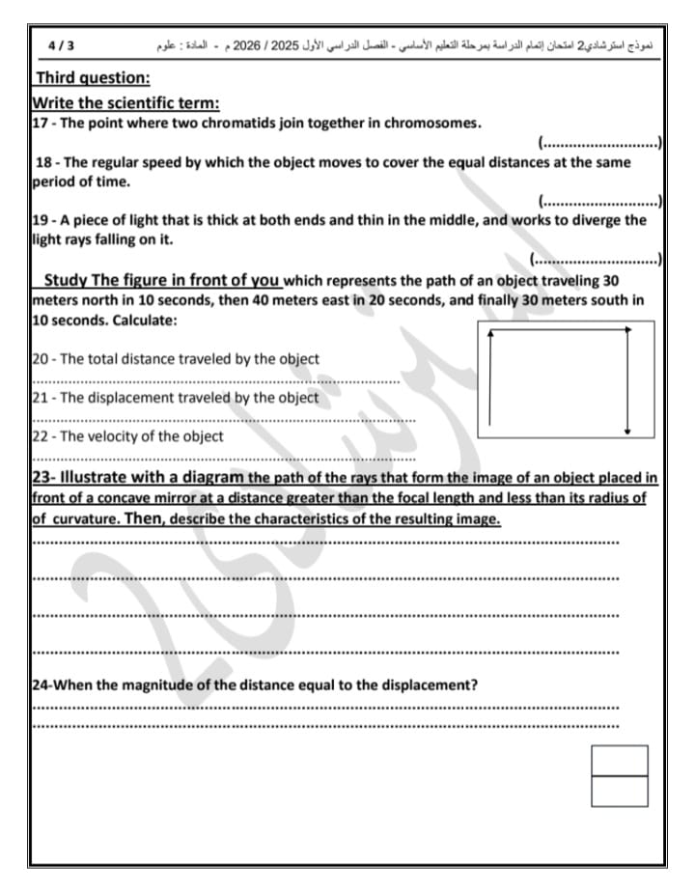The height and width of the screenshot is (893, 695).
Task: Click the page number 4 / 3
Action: pyautogui.click(x=60, y=45)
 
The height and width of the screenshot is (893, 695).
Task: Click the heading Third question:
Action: pyautogui.click(x=93, y=78)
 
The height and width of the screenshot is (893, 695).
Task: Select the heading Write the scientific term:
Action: pyautogui.click(x=125, y=102)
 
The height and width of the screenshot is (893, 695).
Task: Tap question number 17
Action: pyautogui.click(x=40, y=123)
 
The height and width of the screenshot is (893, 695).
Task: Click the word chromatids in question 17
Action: pyautogui.click(x=291, y=123)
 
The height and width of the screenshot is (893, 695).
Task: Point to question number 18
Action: pyautogui.click(x=42, y=162)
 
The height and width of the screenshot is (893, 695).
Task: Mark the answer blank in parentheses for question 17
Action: pyautogui.click(x=599, y=143)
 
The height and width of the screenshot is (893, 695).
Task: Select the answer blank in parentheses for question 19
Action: pyautogui.click(x=596, y=259)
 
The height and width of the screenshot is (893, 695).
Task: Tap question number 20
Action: pyautogui.click(x=40, y=359)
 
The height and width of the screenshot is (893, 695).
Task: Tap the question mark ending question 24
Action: pyautogui.click(x=476, y=685)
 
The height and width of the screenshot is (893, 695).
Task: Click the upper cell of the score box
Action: pyautogui.click(x=619, y=761)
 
